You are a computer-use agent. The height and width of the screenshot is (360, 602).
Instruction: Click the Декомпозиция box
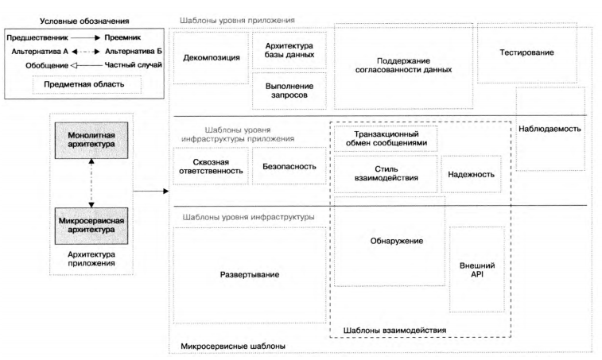click(211, 57)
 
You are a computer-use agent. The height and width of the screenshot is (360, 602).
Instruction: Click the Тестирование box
click(526, 52)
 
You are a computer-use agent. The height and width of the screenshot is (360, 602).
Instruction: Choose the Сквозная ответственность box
click(210, 167)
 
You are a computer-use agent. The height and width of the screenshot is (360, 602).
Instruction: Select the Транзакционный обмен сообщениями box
click(385, 138)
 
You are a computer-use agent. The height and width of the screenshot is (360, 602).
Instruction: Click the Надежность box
click(471, 174)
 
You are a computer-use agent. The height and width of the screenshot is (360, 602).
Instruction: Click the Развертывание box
click(249, 275)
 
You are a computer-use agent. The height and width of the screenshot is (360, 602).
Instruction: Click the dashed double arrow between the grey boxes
click(92, 181)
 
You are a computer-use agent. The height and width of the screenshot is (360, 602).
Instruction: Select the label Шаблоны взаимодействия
click(394, 330)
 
